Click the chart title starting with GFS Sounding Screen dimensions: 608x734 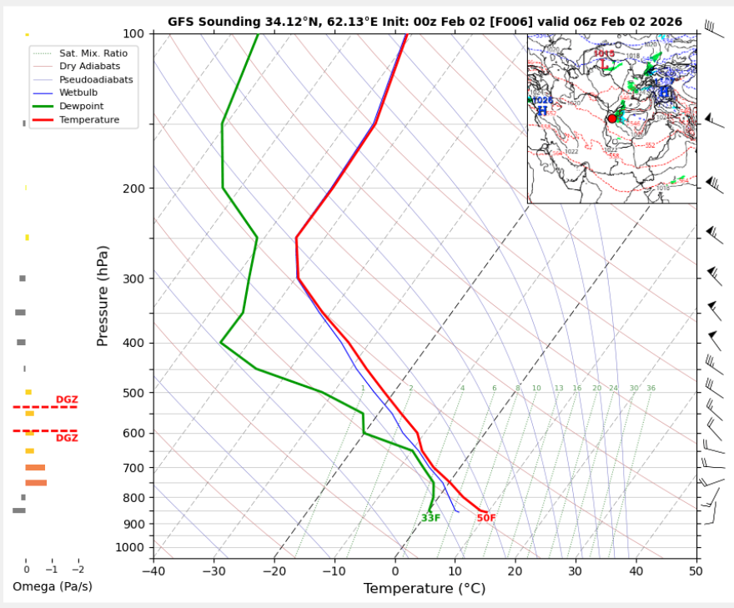click(x=425, y=22)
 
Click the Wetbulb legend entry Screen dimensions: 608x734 click(x=79, y=93)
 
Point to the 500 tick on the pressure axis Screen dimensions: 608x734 click(x=133, y=393)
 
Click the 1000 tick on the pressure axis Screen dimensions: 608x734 click(x=129, y=548)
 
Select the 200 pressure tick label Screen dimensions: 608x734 click(x=133, y=188)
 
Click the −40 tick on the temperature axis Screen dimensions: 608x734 click(x=153, y=571)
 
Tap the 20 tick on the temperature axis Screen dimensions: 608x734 click(x=515, y=571)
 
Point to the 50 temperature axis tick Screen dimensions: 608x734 click(x=696, y=571)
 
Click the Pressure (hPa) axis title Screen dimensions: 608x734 click(x=103, y=296)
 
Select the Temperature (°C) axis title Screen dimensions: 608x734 click(x=425, y=589)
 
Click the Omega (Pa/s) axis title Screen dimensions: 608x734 click(x=53, y=587)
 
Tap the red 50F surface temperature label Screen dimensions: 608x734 click(x=486, y=518)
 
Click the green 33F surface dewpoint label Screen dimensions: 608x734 click(x=430, y=518)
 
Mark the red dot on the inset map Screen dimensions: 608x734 click(x=612, y=118)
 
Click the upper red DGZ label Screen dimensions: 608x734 click(x=67, y=399)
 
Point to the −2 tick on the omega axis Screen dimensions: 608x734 click(x=78, y=570)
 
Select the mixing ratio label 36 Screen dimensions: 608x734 click(x=651, y=389)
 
